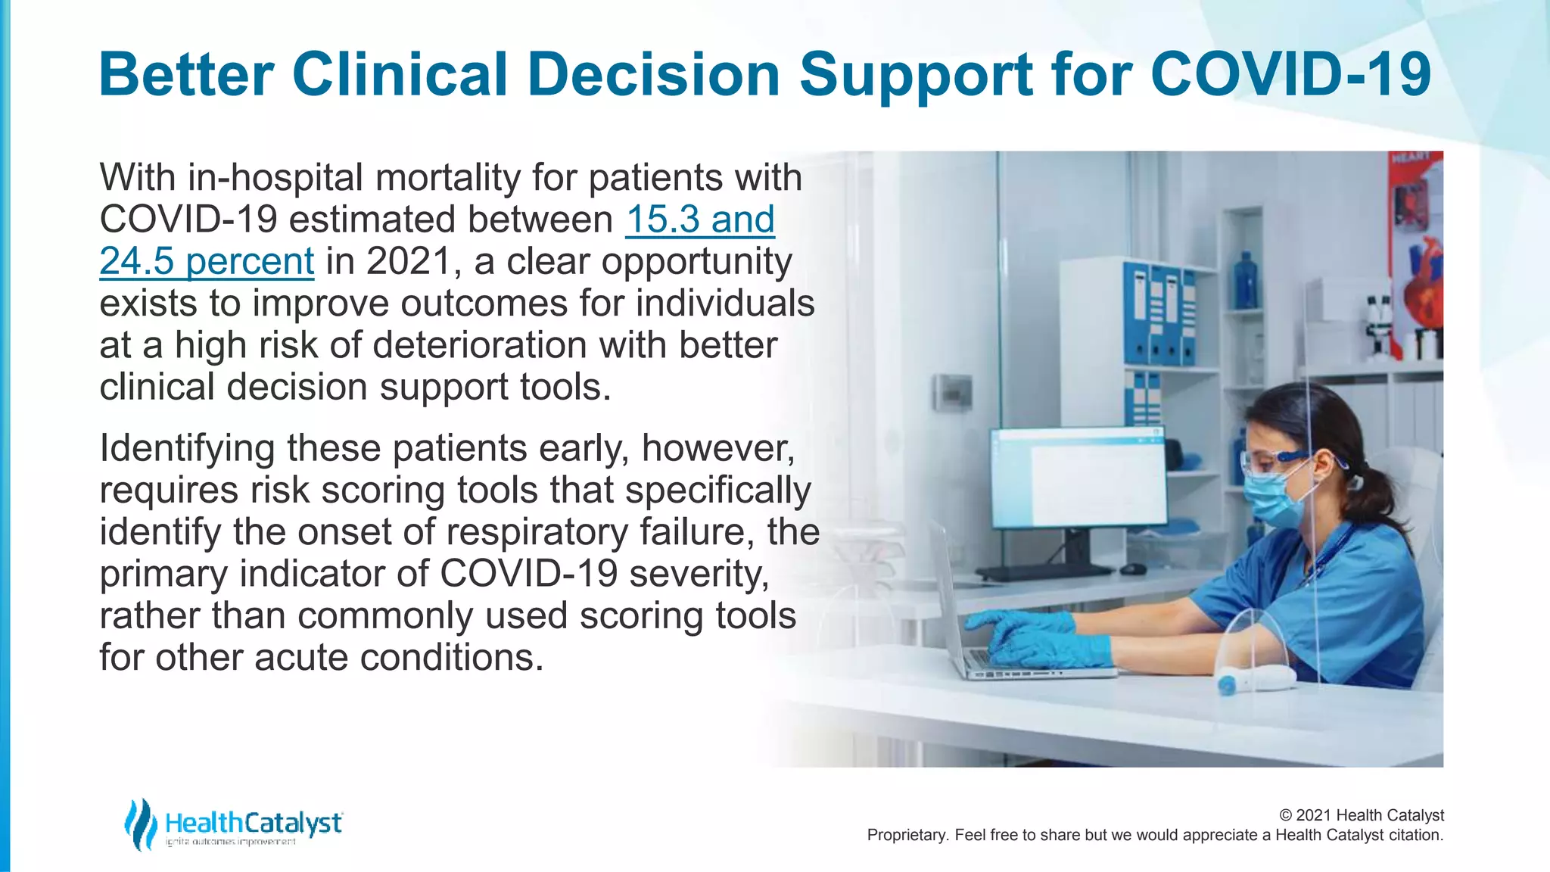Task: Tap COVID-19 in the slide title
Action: pyautogui.click(x=1290, y=75)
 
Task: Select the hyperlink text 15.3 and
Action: pyautogui.click(x=700, y=220)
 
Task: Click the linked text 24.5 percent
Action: pyautogui.click(x=207, y=262)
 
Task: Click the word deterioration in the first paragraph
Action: pyautogui.click(x=480, y=345)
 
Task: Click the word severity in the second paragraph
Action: pyautogui.click(x=698, y=574)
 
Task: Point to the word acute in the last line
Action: pyautogui.click(x=302, y=657)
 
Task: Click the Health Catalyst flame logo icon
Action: pyautogui.click(x=141, y=824)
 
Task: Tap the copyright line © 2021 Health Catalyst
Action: pyautogui.click(x=1361, y=815)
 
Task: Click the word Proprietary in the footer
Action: pyautogui.click(x=907, y=835)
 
